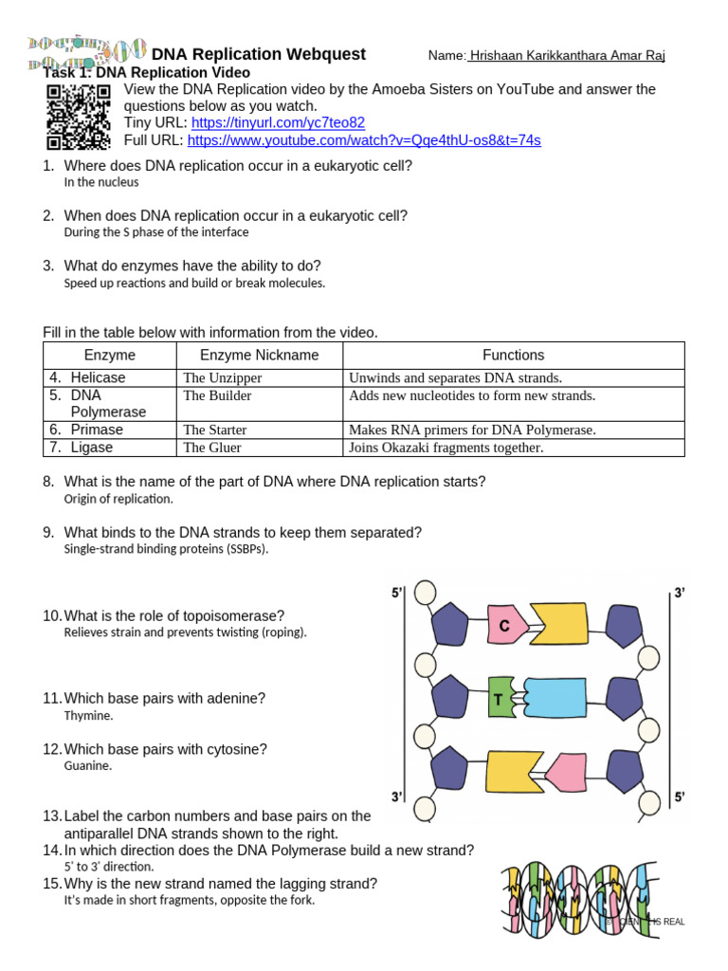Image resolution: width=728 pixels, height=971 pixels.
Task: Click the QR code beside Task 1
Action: (78, 116)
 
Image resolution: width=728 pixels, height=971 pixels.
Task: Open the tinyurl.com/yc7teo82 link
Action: (278, 123)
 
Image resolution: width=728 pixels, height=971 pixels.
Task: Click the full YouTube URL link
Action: (364, 140)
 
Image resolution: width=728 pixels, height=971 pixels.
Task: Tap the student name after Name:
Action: (567, 56)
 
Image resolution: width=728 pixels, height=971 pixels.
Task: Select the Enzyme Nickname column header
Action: (259, 356)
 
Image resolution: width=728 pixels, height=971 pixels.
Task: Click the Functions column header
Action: (513, 356)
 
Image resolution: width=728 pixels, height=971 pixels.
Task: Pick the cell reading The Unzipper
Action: (222, 378)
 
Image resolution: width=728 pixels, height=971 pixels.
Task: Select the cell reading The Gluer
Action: (212, 448)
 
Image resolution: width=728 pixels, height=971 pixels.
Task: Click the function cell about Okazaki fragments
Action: (446, 448)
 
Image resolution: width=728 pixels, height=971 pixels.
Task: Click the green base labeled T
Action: (498, 701)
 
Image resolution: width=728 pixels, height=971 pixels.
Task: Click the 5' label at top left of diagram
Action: (397, 594)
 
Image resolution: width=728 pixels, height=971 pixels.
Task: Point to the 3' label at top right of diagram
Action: (679, 594)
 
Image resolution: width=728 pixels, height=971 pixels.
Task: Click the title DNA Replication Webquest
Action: (258, 55)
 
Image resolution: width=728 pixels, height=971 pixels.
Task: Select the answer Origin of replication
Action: (118, 499)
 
